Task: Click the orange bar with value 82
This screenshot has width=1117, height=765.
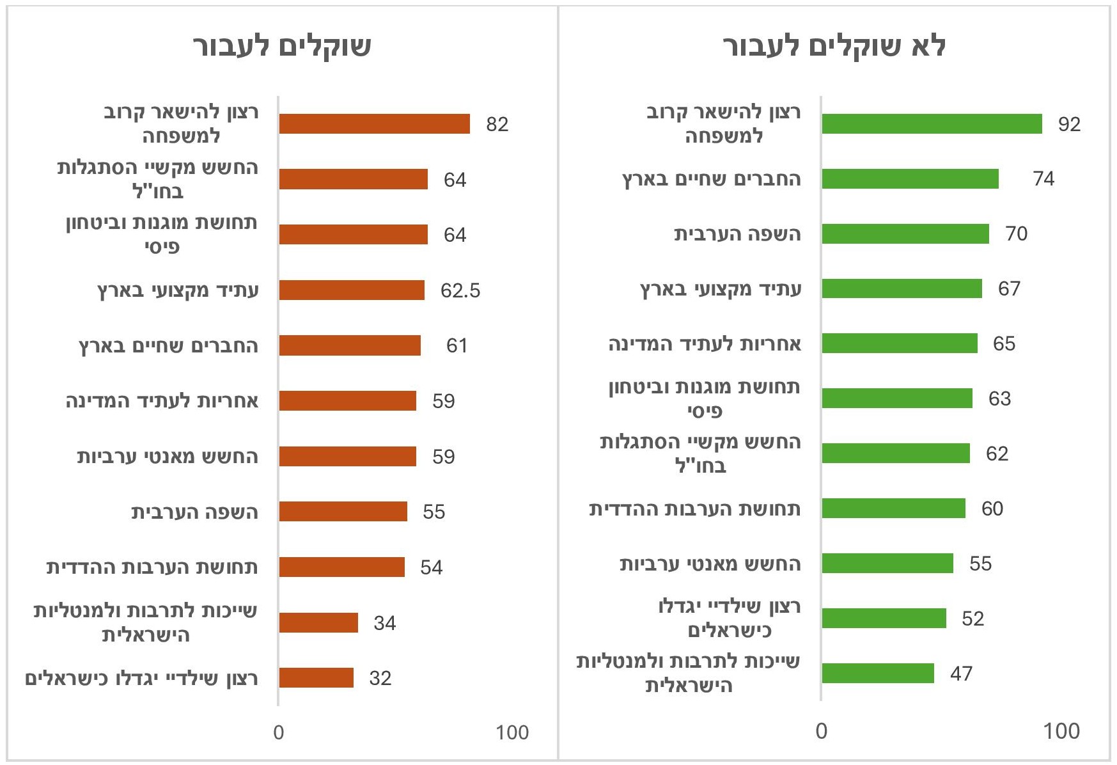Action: coord(374,124)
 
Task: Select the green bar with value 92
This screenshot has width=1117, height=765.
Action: coord(932,124)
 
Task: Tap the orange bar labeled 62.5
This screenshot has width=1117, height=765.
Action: coord(352,290)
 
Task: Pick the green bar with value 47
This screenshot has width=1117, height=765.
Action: coord(877,674)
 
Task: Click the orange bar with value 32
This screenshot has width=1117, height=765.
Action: coord(316,678)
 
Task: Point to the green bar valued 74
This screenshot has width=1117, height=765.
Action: coord(910,179)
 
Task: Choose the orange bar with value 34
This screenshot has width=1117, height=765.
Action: coord(318,623)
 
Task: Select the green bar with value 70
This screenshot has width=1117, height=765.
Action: coord(905,234)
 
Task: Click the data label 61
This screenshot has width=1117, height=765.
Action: coord(457,346)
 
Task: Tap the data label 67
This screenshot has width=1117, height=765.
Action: coord(1009,289)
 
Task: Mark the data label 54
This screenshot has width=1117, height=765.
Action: coord(431,568)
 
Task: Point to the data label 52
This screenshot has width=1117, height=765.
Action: coord(972,619)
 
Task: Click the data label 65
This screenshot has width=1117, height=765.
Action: coord(1004,344)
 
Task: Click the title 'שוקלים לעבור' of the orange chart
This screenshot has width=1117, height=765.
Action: coord(282,47)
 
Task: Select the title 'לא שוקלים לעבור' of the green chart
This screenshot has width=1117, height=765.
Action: coord(834,47)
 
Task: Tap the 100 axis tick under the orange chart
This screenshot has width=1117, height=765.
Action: coord(512,733)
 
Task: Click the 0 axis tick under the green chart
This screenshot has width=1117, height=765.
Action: coord(822,732)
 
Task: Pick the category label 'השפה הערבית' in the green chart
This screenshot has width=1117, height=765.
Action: coord(737,234)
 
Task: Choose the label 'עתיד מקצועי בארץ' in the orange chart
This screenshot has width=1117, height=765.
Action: coord(178,290)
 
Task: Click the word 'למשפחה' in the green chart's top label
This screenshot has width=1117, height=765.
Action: coord(724,136)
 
